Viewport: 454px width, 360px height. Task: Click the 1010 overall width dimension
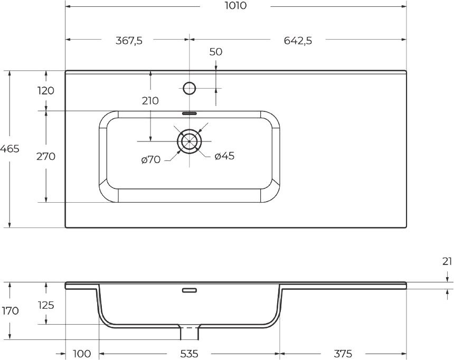click(x=235, y=6)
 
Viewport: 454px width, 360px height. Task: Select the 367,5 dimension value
click(x=129, y=41)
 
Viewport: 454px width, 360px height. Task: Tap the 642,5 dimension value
click(x=298, y=41)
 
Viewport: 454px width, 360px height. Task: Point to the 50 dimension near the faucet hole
click(x=215, y=52)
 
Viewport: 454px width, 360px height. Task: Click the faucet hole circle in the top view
click(x=189, y=88)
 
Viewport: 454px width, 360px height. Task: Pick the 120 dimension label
click(x=45, y=91)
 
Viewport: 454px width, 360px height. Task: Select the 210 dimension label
click(x=150, y=100)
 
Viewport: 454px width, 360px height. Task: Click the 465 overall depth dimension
click(x=10, y=149)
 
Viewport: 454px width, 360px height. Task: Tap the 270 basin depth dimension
click(x=45, y=157)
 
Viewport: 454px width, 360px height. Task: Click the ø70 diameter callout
click(x=150, y=159)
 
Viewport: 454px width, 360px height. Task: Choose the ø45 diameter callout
click(x=224, y=156)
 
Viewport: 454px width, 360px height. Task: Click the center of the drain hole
click(x=189, y=141)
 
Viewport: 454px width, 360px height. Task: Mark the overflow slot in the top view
click(x=189, y=113)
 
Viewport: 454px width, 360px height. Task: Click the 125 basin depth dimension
click(x=45, y=305)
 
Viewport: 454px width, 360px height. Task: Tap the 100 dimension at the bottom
click(x=82, y=353)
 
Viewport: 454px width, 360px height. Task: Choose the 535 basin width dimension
click(x=188, y=353)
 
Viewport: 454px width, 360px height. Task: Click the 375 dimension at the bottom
click(x=342, y=353)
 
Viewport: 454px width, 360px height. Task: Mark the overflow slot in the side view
click(x=189, y=290)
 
